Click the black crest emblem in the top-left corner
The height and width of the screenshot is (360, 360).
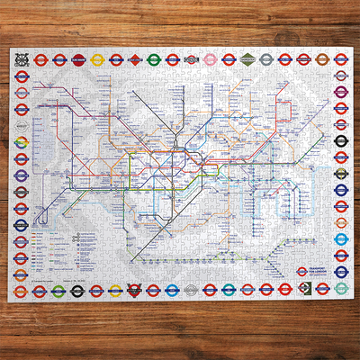pos(20,60)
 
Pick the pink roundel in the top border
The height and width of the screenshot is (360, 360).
pos(210,60)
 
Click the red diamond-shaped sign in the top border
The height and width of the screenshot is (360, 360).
pos(134,60)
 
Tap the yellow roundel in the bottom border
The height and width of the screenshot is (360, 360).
pos(57,289)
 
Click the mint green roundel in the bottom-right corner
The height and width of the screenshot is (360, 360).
pos(340,289)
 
